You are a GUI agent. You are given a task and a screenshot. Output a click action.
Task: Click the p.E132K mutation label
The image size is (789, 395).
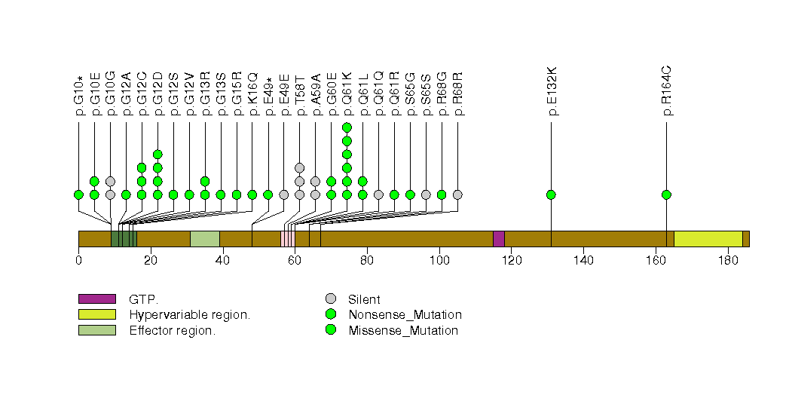point(552,91)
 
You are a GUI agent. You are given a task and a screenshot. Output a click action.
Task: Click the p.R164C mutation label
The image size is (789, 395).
point(668,91)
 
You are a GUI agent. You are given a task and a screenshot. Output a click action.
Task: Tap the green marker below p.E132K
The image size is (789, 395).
point(551,194)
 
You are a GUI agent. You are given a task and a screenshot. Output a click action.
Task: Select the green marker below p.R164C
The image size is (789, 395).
point(666,194)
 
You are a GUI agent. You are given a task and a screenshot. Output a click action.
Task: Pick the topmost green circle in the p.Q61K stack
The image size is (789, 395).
point(347,127)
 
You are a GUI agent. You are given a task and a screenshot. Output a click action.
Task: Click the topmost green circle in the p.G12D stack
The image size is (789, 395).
point(157,155)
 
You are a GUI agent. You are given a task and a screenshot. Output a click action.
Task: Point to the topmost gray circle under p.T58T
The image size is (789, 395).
point(299,167)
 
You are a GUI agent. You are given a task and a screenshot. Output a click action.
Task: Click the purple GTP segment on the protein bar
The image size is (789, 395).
point(498,238)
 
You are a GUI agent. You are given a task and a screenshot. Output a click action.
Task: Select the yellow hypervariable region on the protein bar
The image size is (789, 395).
point(708,238)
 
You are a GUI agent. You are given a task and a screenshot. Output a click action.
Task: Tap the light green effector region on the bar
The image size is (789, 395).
point(204,238)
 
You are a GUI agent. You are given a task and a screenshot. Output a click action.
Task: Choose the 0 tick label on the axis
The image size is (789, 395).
point(78,261)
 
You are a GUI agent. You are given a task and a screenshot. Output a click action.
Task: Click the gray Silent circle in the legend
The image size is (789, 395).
point(331,299)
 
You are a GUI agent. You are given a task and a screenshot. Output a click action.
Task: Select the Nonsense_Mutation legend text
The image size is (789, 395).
point(405,314)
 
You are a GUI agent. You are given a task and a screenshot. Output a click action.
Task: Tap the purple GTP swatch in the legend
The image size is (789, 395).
point(96,299)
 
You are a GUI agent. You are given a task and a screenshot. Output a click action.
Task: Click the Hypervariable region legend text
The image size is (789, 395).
point(189,314)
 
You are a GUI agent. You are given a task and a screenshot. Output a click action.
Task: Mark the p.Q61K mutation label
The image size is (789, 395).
point(347,93)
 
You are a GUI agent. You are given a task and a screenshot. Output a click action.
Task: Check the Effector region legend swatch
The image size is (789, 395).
point(96,330)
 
